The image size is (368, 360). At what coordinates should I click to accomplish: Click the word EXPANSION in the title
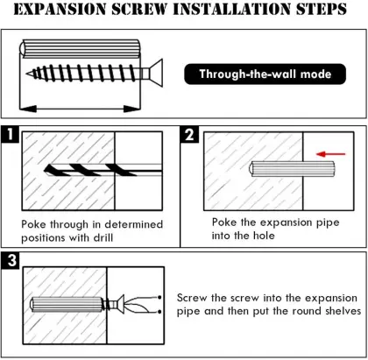(x=60, y=9)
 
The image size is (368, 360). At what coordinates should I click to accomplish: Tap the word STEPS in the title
(x=322, y=9)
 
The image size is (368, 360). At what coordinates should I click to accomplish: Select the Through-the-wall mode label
(x=265, y=74)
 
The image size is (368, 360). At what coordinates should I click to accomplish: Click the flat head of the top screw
(x=156, y=73)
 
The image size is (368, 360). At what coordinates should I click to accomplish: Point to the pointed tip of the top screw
(x=27, y=74)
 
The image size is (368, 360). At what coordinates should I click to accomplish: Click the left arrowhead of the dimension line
(x=28, y=109)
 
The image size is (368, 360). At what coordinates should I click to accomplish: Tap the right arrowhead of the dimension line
(x=132, y=109)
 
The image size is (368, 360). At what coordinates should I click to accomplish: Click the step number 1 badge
(x=11, y=134)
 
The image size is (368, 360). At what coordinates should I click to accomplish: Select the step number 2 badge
(x=189, y=135)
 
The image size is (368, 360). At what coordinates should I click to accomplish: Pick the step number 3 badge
(x=11, y=260)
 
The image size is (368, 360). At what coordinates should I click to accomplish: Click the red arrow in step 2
(x=331, y=154)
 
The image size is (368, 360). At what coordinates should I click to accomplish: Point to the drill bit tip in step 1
(x=45, y=170)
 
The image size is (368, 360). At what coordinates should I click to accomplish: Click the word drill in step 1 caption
(x=103, y=237)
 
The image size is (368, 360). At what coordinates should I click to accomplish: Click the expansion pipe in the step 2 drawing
(x=292, y=169)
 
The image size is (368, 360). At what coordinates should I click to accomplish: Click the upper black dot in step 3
(x=159, y=298)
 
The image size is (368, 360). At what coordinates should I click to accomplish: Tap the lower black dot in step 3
(x=159, y=312)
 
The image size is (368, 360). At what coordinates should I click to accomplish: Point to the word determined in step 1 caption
(x=134, y=224)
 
